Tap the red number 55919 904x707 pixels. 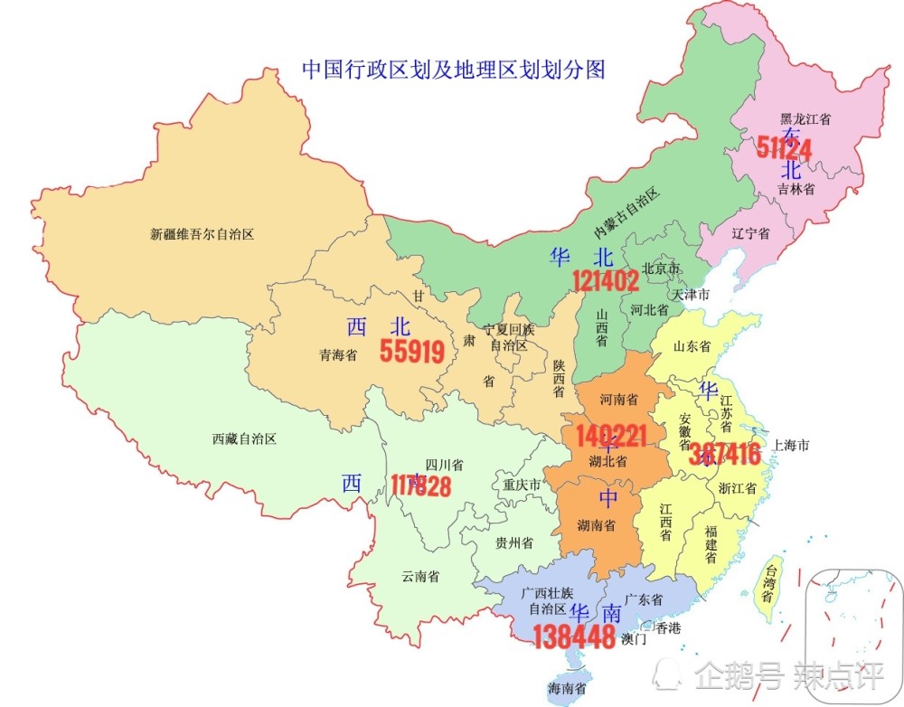412,351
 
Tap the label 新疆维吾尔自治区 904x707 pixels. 202,234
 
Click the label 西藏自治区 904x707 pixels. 244,439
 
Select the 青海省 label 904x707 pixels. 338,355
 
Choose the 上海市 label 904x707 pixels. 790,445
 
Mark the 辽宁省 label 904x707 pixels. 750,233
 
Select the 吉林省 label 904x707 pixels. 796,189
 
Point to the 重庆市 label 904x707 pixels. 522,485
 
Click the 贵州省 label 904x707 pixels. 513,542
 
